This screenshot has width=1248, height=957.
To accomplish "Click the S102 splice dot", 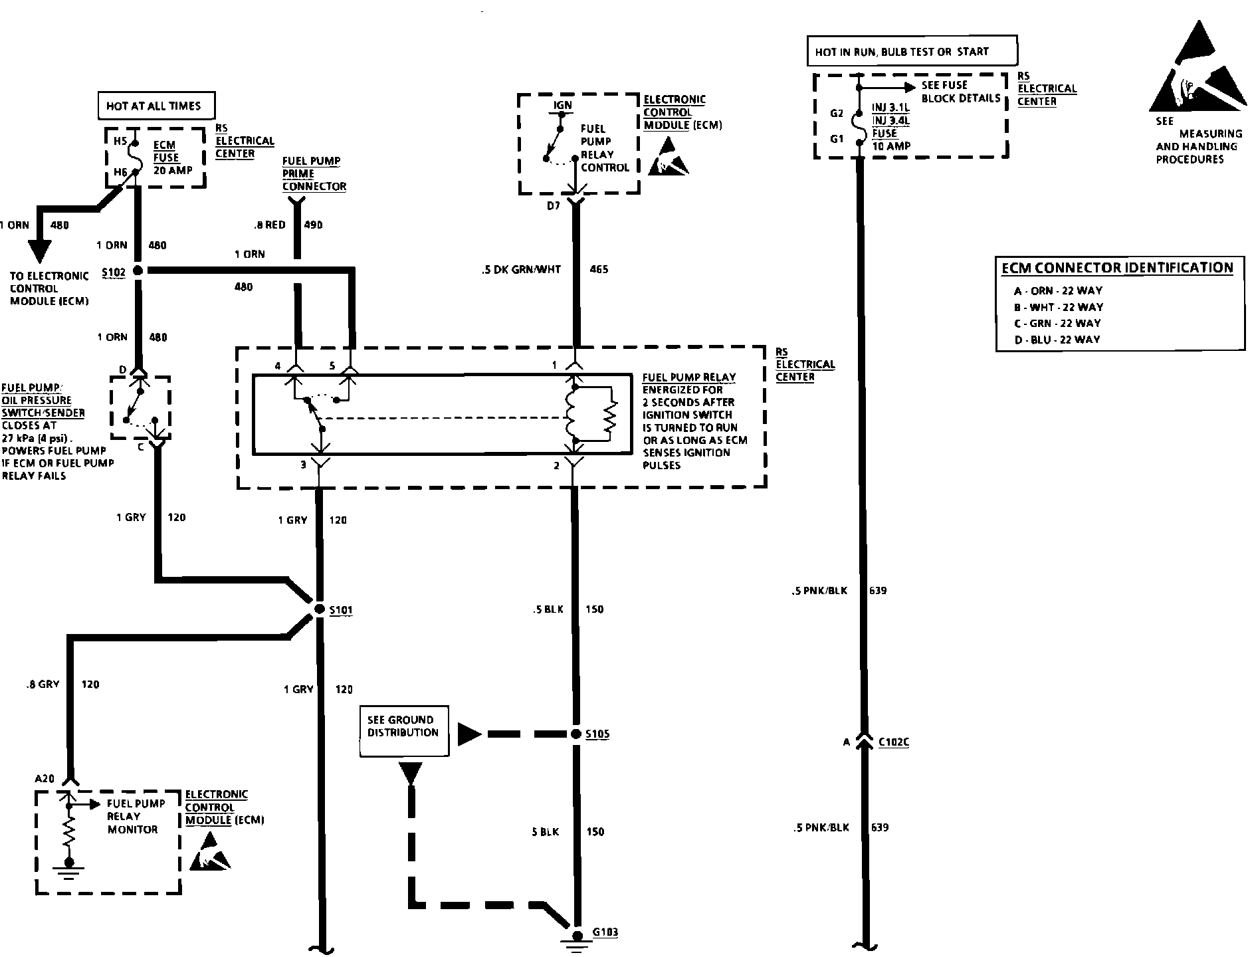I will pos(138,270).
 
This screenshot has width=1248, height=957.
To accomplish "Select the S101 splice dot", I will pos(317,609).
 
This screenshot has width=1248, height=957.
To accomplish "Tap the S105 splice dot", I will pos(575,734).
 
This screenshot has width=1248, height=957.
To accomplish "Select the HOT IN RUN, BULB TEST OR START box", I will pos(912,51).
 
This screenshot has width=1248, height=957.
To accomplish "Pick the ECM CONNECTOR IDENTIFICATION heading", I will pos(1118,268).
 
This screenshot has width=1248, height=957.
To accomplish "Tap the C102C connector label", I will pos(894,742).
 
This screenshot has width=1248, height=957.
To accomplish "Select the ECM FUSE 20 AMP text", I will pos(172,158).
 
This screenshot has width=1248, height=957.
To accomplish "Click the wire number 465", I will pos(599,269).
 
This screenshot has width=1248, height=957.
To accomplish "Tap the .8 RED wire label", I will pos(269,225).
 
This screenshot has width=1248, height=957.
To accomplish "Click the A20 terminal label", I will pos(45,778).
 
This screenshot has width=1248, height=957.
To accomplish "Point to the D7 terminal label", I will pos(554,206).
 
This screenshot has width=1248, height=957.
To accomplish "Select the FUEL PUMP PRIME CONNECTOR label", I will pos(314,173).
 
